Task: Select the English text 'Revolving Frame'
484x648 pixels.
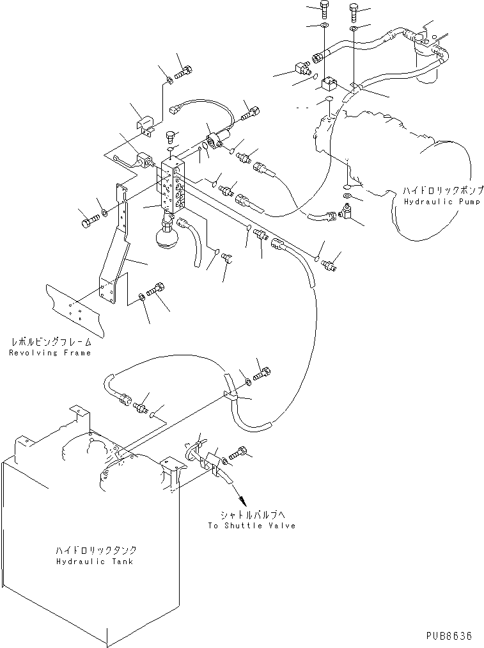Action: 51,353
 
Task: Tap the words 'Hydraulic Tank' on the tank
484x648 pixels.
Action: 95,562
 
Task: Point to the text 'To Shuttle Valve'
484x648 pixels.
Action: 251,525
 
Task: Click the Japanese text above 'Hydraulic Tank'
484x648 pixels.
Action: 95,550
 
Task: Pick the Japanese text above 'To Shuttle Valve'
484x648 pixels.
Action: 251,514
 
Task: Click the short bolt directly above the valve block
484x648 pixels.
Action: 171,136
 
